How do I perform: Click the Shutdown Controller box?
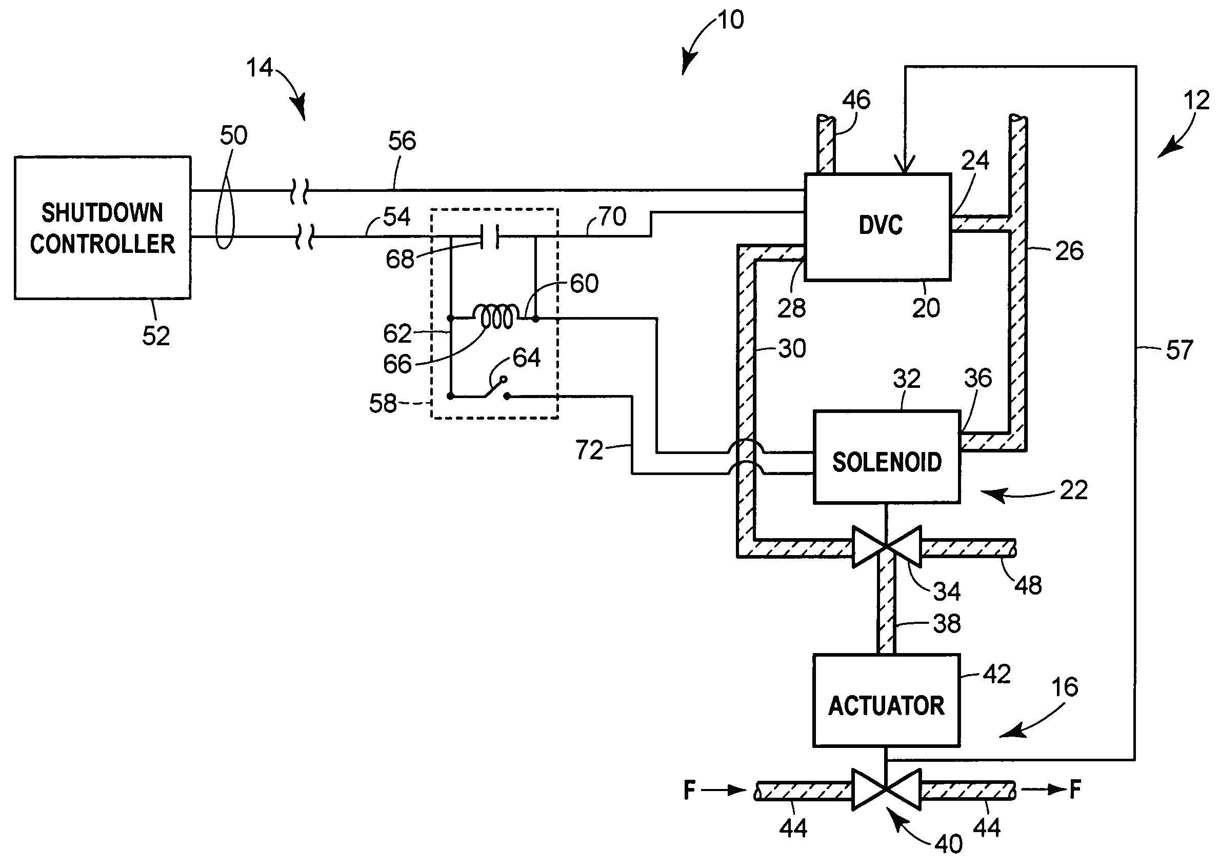tap(102, 228)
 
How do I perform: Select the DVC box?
tap(877, 227)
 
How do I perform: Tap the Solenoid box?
tap(886, 458)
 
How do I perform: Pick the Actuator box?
tap(886, 700)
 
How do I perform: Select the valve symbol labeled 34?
tap(886, 547)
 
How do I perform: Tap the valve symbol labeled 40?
tap(886, 788)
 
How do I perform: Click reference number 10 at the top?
tap(730, 21)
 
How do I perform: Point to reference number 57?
tap(1179, 350)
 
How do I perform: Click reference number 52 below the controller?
tap(155, 336)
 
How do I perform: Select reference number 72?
tap(589, 450)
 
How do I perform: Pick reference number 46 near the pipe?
tap(856, 100)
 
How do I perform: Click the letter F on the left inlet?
tap(690, 790)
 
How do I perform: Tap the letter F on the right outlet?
tap(1075, 789)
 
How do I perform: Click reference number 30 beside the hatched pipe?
tap(792, 348)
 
